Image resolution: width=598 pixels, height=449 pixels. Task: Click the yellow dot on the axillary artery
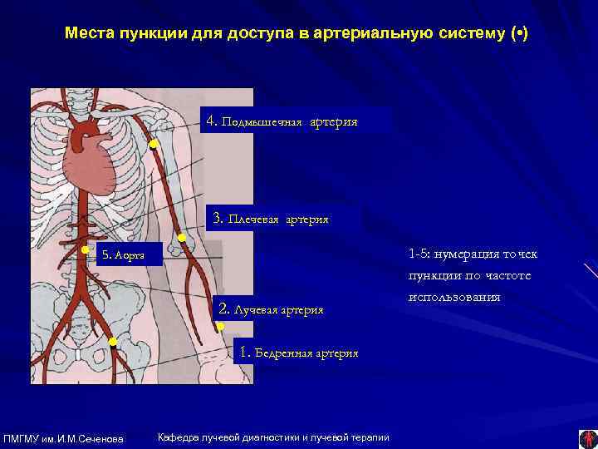(154, 145)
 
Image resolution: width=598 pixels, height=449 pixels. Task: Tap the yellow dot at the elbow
(182, 239)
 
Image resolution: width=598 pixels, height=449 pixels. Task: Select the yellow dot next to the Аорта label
(85, 249)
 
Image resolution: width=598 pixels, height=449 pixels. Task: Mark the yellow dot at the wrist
(220, 327)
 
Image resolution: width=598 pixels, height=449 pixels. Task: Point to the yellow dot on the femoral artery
(112, 342)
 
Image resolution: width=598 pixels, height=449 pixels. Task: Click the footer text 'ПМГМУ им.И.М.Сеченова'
(64, 438)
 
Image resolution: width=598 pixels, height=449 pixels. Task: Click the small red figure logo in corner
(587, 437)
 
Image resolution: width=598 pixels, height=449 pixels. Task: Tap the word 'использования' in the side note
(453, 297)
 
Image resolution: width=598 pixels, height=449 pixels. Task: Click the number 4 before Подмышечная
(209, 121)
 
